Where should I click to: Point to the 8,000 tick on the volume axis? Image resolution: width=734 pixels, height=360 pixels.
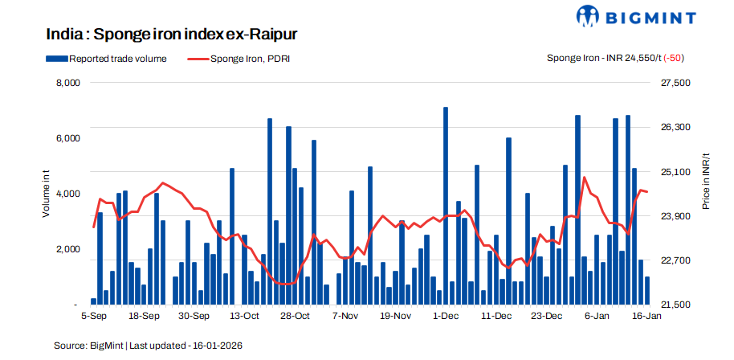(x=67, y=83)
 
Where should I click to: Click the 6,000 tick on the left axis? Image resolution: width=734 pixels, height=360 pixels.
(x=67, y=138)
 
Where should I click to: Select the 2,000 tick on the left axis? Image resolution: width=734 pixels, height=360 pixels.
(x=67, y=249)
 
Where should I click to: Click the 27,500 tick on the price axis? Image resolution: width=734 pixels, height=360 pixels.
(x=675, y=83)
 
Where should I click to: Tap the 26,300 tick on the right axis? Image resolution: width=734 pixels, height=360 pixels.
(x=675, y=128)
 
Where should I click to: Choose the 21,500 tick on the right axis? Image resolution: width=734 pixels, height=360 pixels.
(x=675, y=305)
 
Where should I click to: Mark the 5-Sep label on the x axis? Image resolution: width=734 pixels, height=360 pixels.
(x=93, y=317)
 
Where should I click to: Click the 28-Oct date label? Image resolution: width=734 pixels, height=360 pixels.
(x=295, y=317)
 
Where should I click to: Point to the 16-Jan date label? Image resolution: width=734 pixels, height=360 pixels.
(x=646, y=317)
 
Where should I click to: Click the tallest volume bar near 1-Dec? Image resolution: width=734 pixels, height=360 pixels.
(x=446, y=206)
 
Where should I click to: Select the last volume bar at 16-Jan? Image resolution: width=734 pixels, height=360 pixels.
(x=647, y=291)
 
